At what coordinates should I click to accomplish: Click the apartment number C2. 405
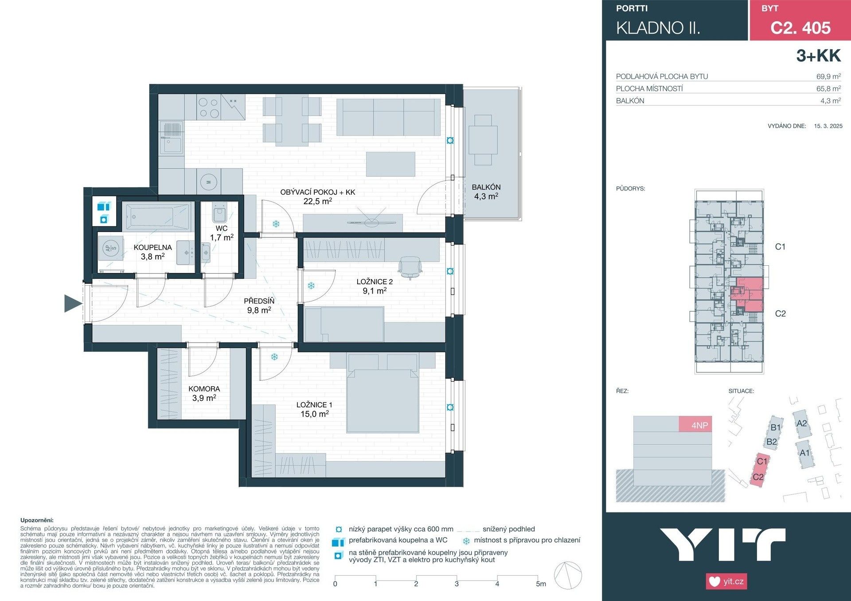(x=800, y=27)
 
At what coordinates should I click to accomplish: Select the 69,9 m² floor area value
(x=828, y=76)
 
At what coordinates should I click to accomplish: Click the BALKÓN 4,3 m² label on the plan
(x=486, y=192)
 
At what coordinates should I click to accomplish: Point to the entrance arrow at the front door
(x=73, y=303)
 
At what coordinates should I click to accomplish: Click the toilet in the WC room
(x=220, y=214)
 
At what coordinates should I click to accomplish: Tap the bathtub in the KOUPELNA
(x=157, y=217)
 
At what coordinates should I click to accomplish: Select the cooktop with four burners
(x=209, y=108)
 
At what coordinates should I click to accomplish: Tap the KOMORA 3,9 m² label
(x=204, y=393)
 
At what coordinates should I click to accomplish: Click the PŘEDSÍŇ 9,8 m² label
(x=259, y=306)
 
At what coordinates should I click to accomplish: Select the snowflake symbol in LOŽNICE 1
(x=274, y=357)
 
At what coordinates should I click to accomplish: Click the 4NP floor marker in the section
(x=699, y=425)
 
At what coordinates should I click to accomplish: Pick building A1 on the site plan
(x=804, y=453)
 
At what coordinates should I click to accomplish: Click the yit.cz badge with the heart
(x=726, y=581)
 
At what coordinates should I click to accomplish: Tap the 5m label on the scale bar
(x=541, y=584)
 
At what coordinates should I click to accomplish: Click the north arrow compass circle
(x=568, y=576)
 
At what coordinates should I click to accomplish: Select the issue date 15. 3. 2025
(x=828, y=126)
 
